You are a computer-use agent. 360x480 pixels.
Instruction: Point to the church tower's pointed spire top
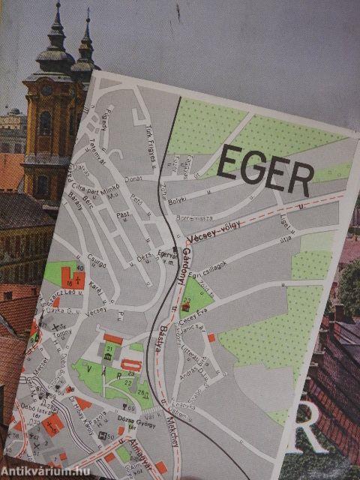pyautogui.click(x=57, y=6)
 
